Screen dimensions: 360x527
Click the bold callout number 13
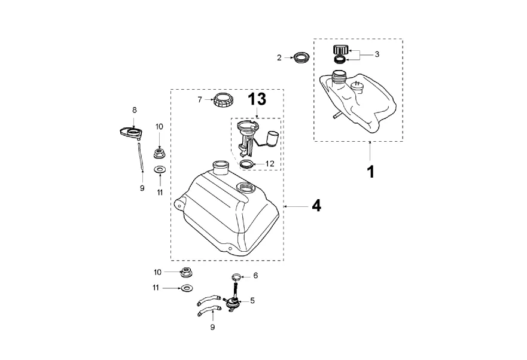tap(256, 99)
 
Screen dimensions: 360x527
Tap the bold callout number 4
tap(316, 206)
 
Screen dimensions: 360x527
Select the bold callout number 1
tap(370, 172)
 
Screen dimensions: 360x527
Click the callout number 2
tap(279, 57)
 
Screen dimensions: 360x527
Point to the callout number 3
tap(377, 54)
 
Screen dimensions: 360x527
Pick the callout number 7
tap(200, 99)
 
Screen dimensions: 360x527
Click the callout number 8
tap(135, 110)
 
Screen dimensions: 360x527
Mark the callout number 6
tap(255, 276)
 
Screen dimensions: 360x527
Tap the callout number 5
tap(252, 301)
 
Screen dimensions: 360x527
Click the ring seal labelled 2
tap(301, 58)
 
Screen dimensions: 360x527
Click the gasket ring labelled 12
tap(246, 164)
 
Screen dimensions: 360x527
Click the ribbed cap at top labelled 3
tap(340, 50)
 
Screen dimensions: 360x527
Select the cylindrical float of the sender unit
tap(273, 139)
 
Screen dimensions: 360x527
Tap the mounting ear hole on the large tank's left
tap(178, 204)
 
